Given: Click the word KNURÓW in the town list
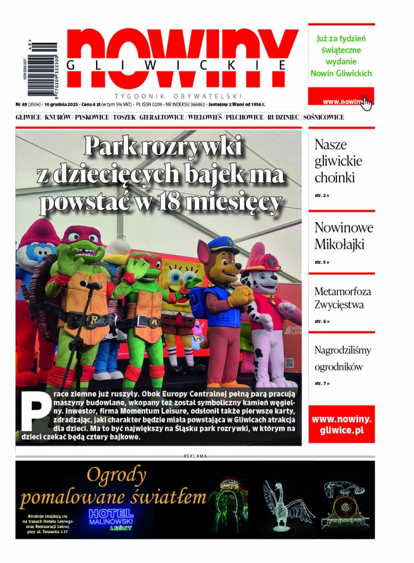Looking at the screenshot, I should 58,117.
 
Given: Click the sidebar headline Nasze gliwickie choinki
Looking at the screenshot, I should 338,161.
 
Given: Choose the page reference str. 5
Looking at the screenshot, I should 322,262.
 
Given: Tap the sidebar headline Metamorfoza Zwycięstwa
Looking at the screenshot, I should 342,298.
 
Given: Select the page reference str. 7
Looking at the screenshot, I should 322,383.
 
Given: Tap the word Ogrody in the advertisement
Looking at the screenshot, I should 116,474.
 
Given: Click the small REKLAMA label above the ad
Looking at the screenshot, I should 195,456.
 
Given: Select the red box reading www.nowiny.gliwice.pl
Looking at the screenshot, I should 341,424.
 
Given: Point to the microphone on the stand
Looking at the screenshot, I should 91,284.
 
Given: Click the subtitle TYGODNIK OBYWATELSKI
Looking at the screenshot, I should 178,96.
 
